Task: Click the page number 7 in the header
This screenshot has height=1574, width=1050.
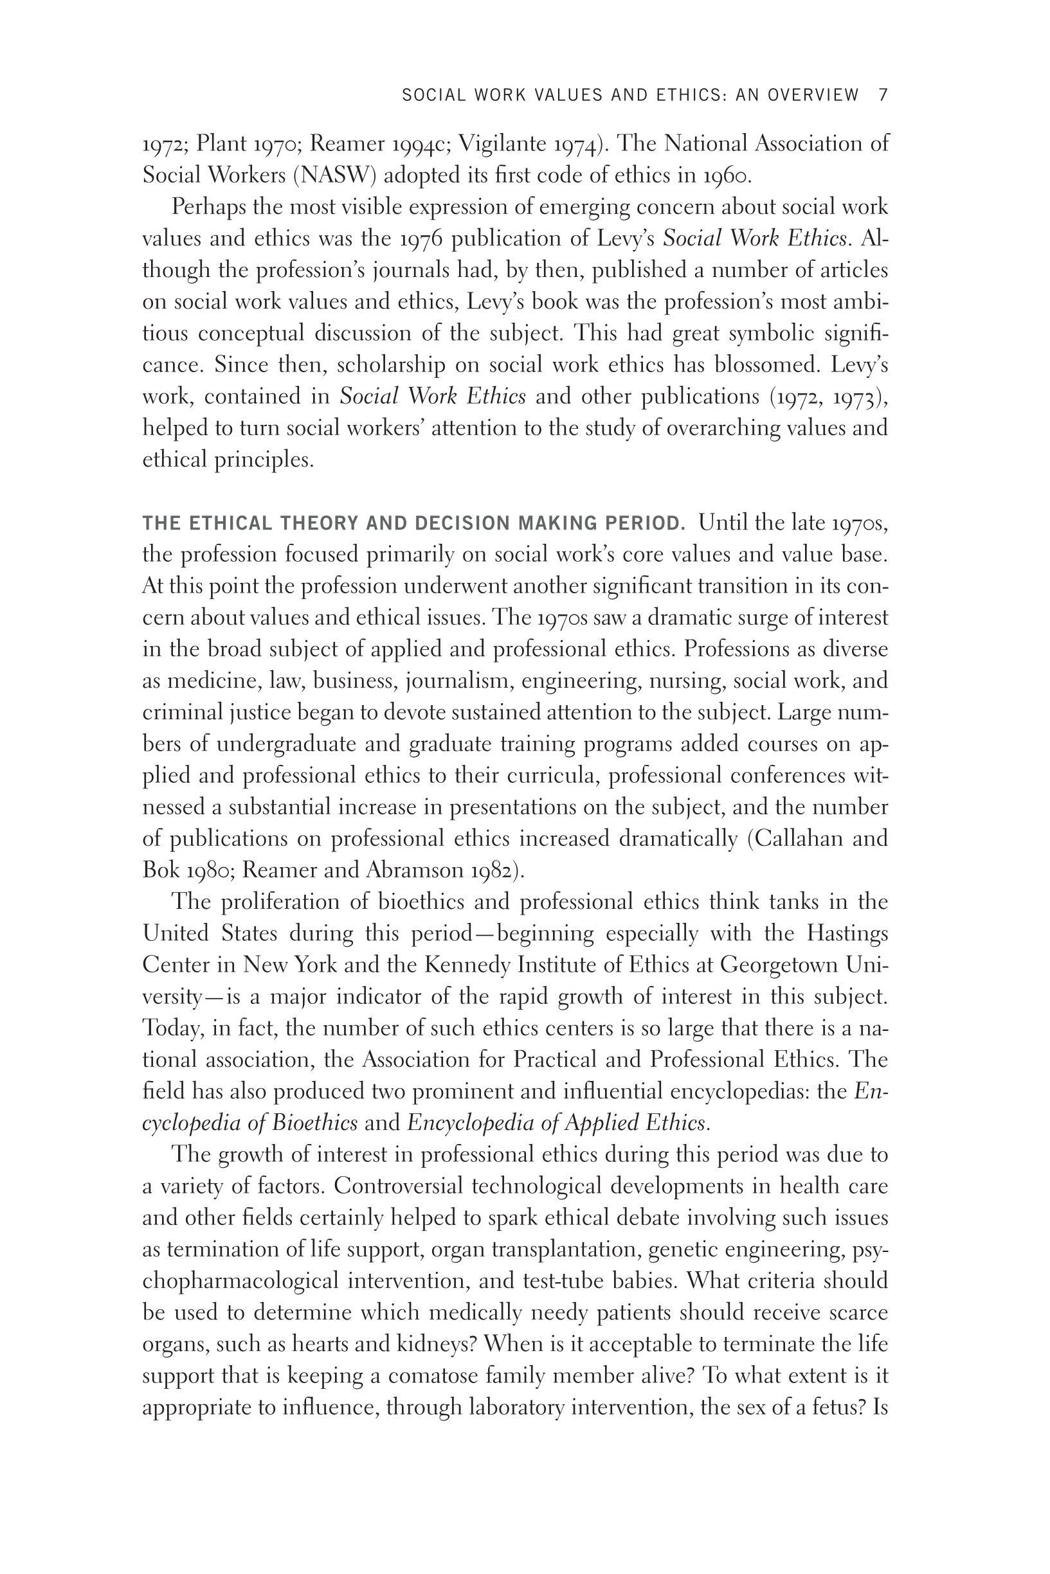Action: pyautogui.click(x=883, y=95)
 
